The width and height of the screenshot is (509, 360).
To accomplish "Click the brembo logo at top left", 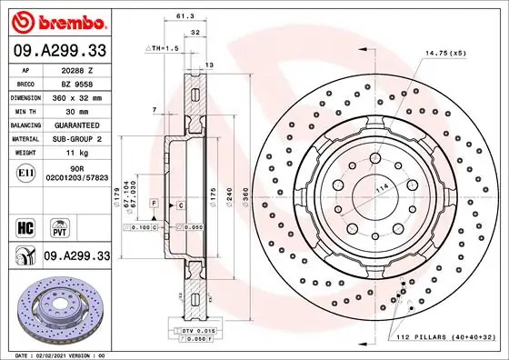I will click(x=56, y=19).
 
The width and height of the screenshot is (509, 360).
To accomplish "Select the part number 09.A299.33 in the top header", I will click(x=59, y=53).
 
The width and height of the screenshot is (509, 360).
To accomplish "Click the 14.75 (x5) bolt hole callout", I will click(x=444, y=53).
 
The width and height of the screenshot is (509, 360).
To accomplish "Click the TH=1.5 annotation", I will click(x=162, y=46).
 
